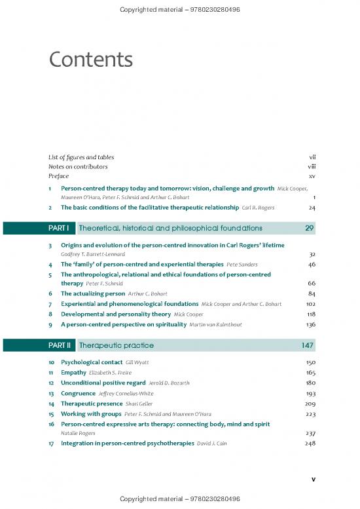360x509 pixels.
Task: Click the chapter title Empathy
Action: click(x=74, y=372)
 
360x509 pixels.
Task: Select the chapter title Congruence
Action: click(x=78, y=393)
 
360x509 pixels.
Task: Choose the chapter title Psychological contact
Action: click(x=92, y=362)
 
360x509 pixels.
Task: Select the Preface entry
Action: click(x=58, y=176)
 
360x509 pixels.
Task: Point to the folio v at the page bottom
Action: click(x=314, y=479)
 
